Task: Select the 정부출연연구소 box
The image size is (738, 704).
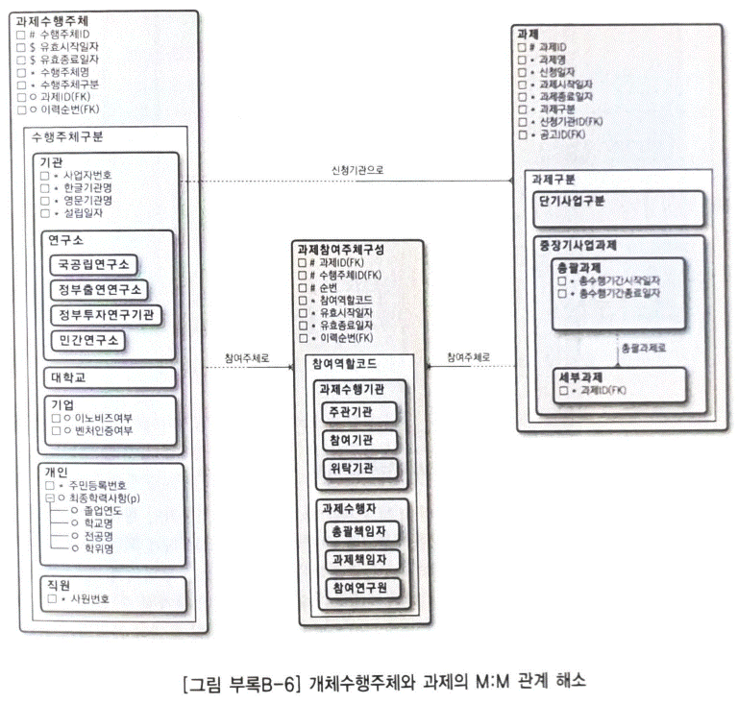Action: [100, 288]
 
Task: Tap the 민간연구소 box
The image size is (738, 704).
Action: [89, 340]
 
